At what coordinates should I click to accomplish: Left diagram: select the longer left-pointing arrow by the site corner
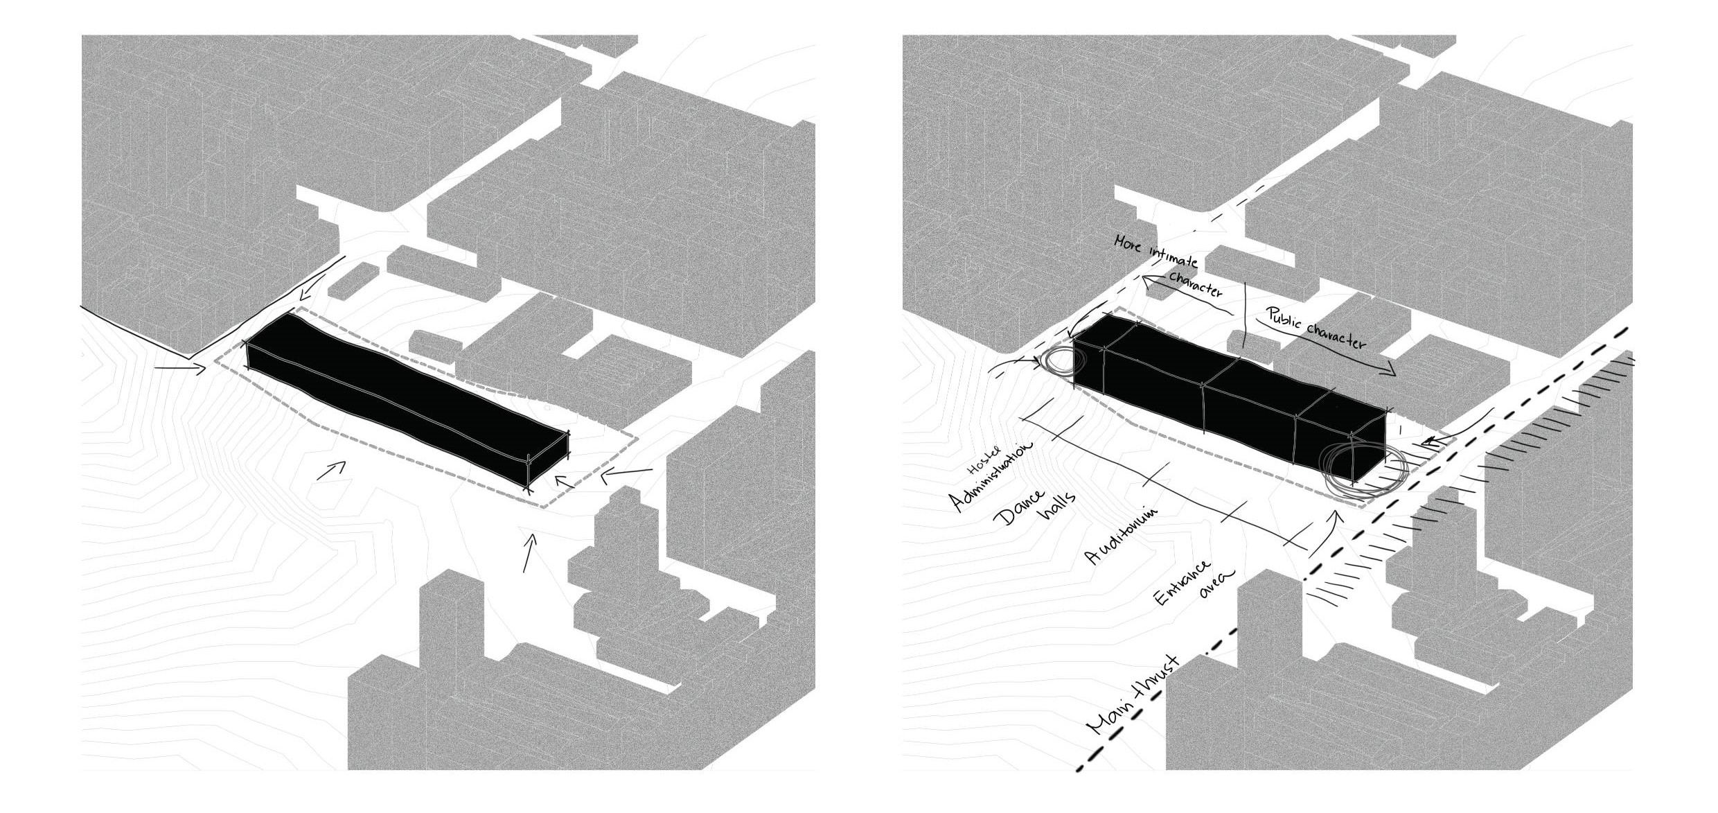pos(627,474)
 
